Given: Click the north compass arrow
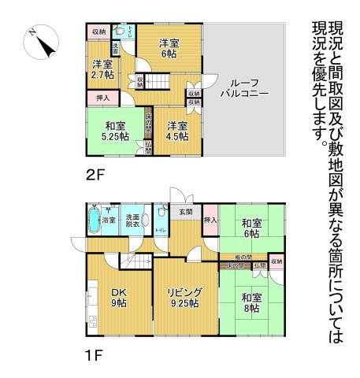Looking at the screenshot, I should (42, 44).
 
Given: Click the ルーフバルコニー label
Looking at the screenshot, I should (244, 87).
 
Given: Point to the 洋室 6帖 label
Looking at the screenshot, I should (169, 48).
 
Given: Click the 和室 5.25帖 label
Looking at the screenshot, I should (113, 129).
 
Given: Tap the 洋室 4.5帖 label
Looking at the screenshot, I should (176, 130).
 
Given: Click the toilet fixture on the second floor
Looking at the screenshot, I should (120, 32).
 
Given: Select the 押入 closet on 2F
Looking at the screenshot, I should (102, 98).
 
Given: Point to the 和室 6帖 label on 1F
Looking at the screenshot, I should (251, 228).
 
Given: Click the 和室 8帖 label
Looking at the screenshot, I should (251, 302).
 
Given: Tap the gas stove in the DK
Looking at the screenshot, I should (91, 321).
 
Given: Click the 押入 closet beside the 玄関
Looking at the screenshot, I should (210, 220).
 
